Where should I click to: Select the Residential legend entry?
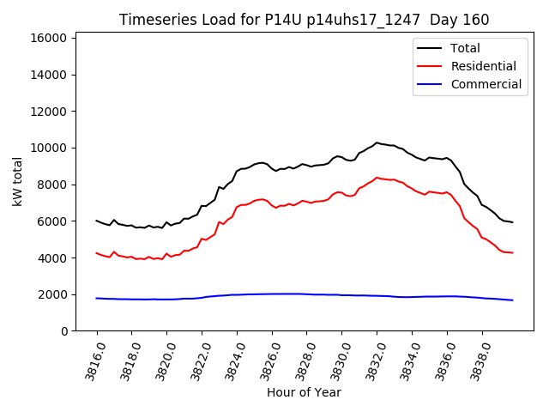(483, 66)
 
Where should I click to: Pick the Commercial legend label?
(486, 84)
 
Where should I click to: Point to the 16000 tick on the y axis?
(49, 38)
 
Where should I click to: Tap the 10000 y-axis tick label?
(49, 148)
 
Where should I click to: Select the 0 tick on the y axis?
(64, 331)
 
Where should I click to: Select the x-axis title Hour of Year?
(304, 392)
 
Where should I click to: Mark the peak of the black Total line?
(377, 142)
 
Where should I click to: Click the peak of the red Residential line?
(377, 178)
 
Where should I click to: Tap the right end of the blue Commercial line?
(512, 300)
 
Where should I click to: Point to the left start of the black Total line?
(97, 221)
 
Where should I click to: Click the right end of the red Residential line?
(512, 252)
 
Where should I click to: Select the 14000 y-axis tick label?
(49, 75)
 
